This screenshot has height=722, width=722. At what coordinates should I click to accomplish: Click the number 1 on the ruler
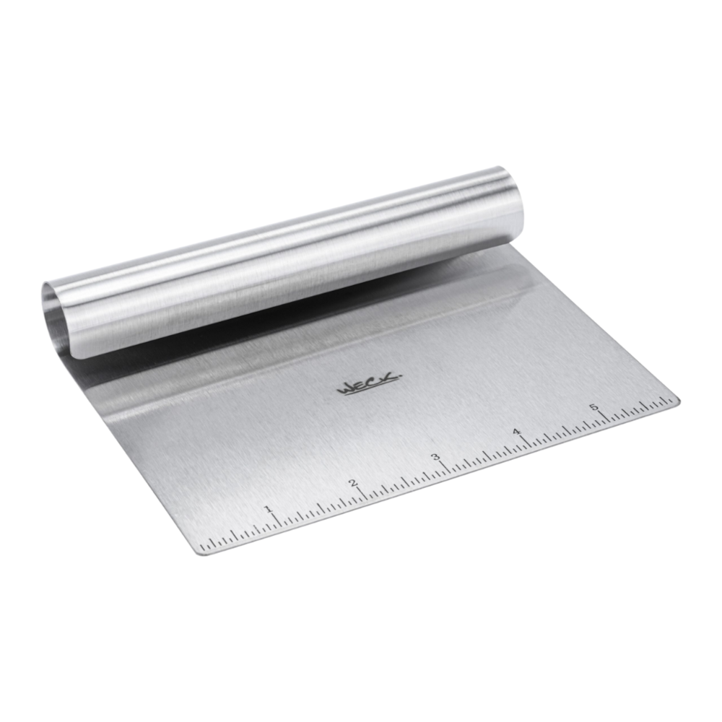coord(267,509)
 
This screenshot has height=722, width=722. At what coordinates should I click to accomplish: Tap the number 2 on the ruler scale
coord(353,483)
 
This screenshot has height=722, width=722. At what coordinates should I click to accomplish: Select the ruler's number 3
coord(435,457)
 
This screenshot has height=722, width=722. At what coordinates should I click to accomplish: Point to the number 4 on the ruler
coord(517,432)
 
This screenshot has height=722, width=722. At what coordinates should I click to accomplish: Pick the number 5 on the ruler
coord(594,407)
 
